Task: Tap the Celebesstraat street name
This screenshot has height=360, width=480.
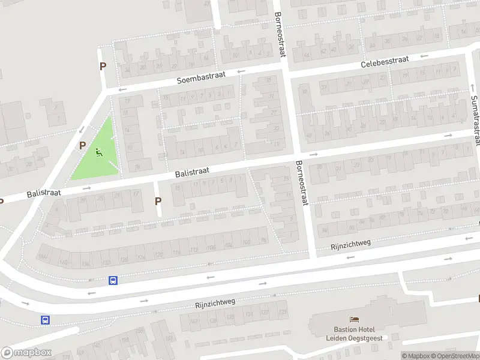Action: click(x=385, y=62)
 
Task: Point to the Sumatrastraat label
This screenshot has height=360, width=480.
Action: click(x=475, y=119)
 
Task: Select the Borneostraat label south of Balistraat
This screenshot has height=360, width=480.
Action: click(x=301, y=182)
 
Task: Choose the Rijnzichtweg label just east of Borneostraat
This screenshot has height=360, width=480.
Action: click(x=351, y=245)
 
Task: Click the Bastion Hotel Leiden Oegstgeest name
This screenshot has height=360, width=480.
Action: click(x=354, y=333)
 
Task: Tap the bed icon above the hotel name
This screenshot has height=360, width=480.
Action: click(x=354, y=319)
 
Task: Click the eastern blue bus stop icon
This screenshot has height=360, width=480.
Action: click(x=113, y=280)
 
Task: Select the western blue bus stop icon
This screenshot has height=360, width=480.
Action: click(x=45, y=320)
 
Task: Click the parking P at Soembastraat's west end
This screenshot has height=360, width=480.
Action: click(x=103, y=67)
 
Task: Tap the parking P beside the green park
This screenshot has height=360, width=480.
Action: click(x=82, y=145)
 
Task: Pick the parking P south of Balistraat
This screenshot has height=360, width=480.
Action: click(x=158, y=202)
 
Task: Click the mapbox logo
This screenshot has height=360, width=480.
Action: click(x=27, y=353)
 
